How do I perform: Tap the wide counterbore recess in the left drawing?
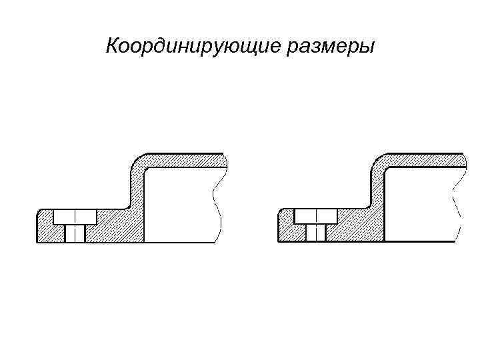75,217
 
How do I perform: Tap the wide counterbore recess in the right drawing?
316,217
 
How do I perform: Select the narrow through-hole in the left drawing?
75,233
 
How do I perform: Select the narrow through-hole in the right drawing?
316,233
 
